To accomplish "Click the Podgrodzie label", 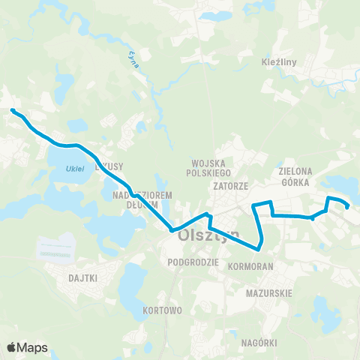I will pos(194,262).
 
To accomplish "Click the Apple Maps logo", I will pos(27,347).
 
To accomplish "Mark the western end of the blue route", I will pos(13,111).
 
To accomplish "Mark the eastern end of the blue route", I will pos(347,207).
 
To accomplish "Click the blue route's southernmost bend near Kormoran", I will pos(259,246).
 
